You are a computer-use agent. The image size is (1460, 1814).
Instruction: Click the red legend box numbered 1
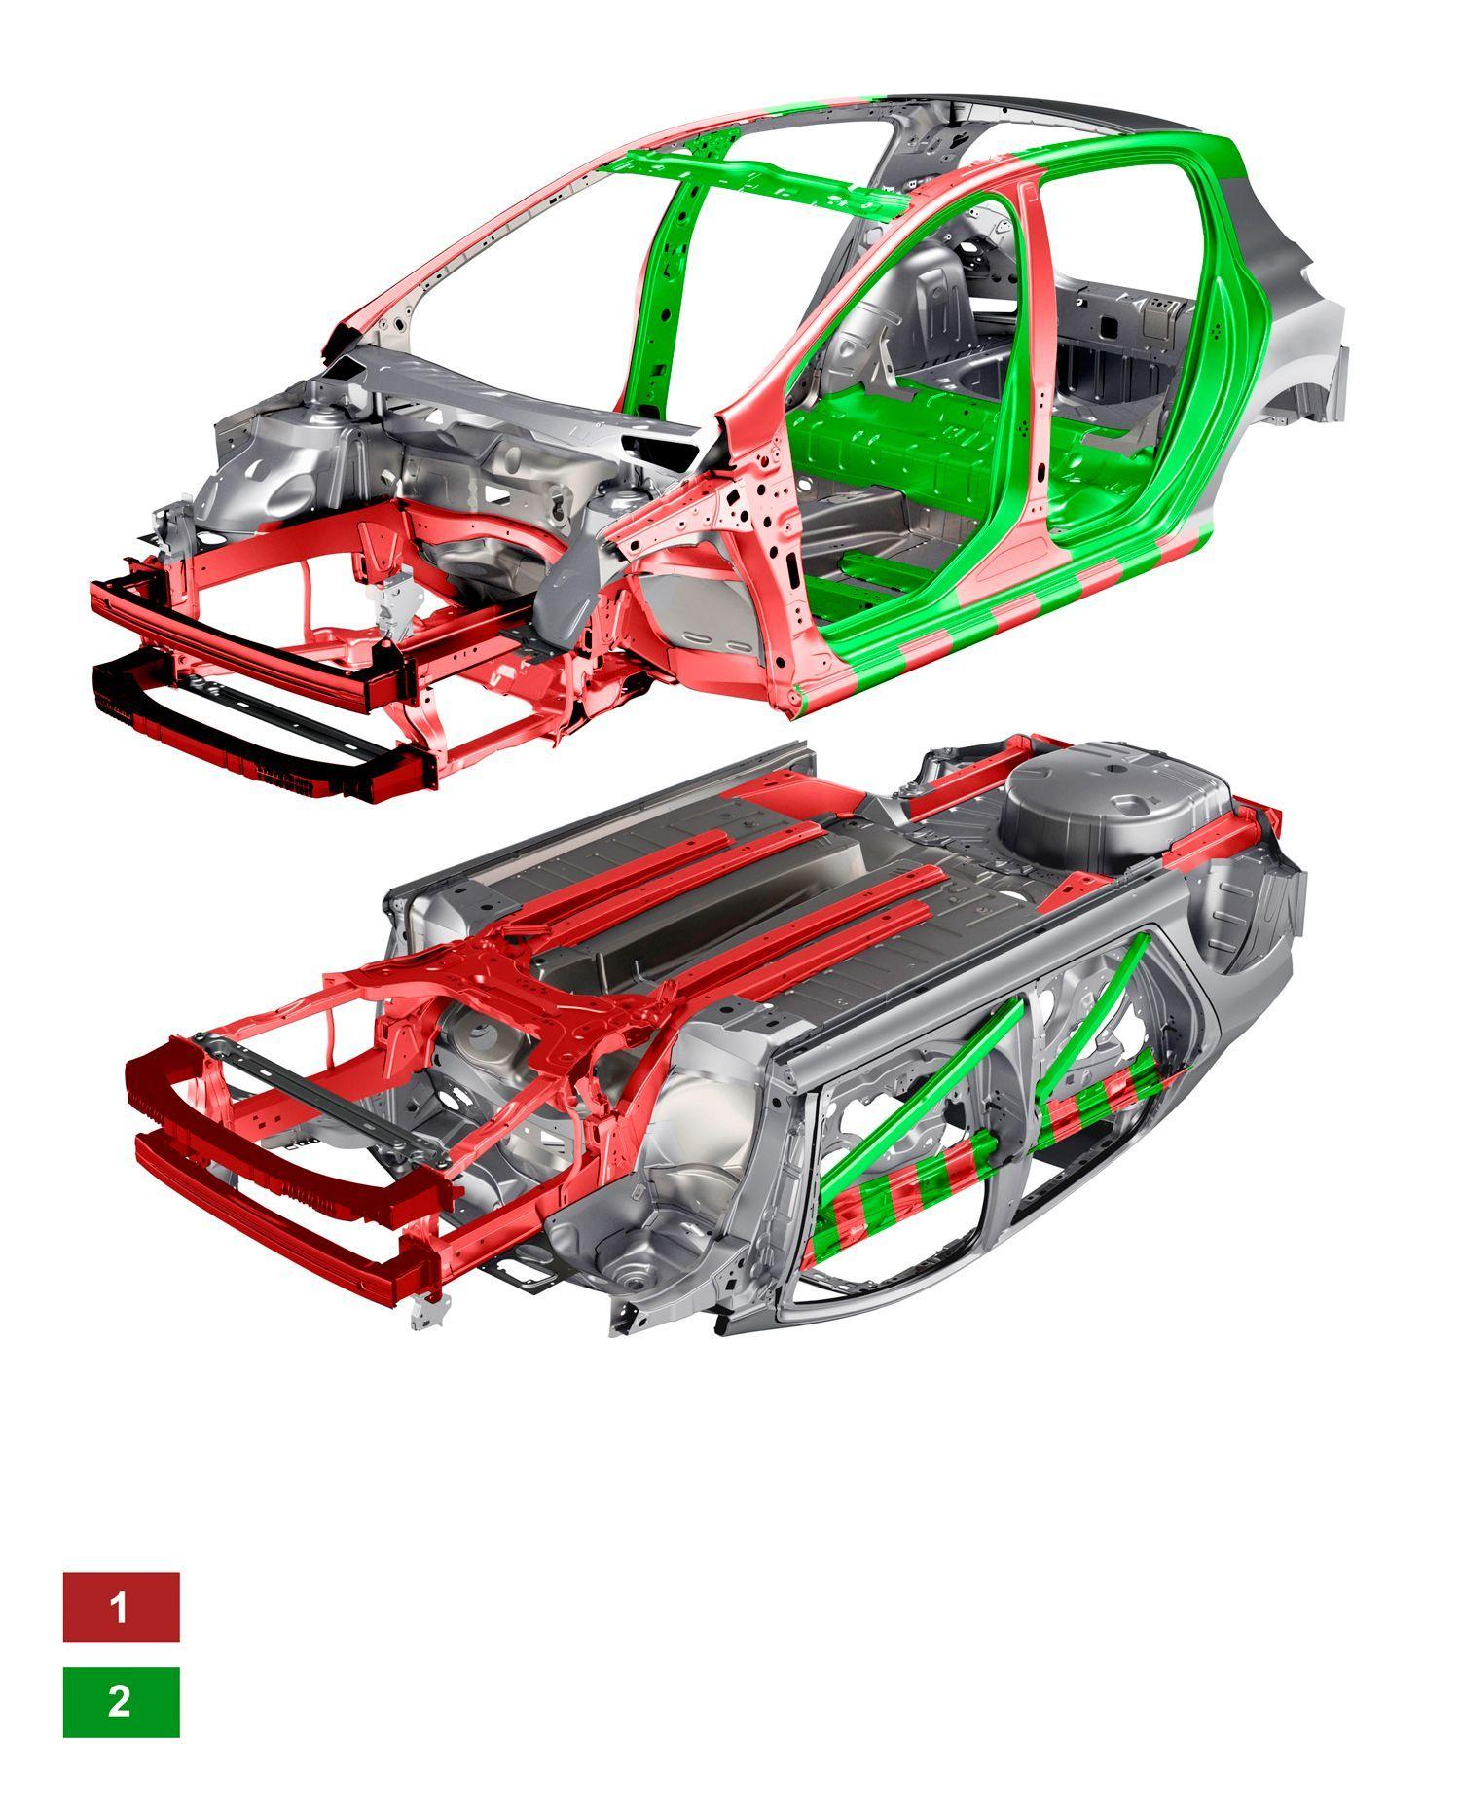pyautogui.click(x=121, y=1607)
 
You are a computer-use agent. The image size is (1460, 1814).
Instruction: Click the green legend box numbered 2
pyautogui.click(x=121, y=1702)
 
